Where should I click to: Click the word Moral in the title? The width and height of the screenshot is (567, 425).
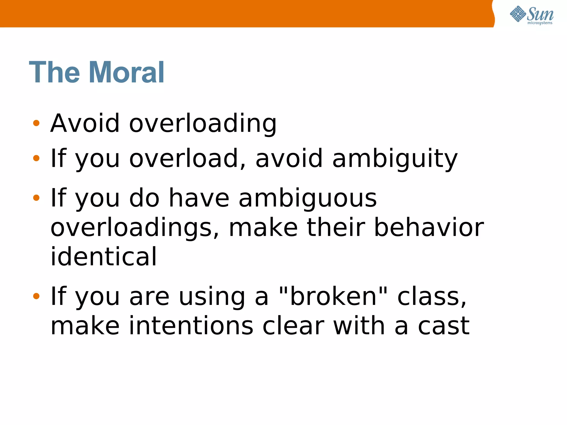click(127, 72)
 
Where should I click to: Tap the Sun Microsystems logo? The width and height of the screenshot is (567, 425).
click(531, 15)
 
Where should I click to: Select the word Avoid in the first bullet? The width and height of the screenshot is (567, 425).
click(85, 123)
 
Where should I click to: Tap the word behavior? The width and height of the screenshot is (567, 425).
click(429, 227)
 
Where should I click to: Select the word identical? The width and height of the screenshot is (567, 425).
click(104, 257)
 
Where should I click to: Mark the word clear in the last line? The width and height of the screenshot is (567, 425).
click(293, 326)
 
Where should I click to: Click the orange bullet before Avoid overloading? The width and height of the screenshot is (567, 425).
click(36, 123)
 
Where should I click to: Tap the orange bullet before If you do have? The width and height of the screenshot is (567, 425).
click(36, 198)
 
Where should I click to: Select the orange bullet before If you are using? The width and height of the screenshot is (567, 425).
click(36, 296)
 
